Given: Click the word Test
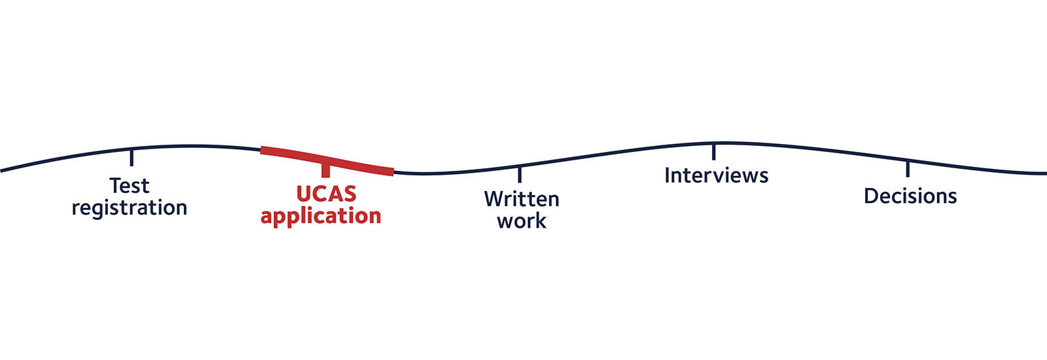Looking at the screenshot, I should tap(130, 186).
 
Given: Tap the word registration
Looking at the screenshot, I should tap(130, 208).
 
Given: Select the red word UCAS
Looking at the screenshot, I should tap(326, 194).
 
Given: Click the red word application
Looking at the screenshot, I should tap(321, 216).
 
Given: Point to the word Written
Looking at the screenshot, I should tap(522, 199).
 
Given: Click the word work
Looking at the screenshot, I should tap(522, 221).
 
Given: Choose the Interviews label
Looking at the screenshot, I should tap(716, 175).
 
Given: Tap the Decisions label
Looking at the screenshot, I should tap(910, 196).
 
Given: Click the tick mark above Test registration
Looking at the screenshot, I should tap(132, 157).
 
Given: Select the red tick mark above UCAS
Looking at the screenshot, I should tap(325, 169).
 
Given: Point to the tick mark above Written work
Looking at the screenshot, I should tap(520, 174).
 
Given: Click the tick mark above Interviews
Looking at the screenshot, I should tap(713, 151).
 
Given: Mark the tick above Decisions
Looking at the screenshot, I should tap(908, 168).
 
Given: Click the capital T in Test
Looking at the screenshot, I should tap(116, 186).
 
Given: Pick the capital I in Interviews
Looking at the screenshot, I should tap(667, 175).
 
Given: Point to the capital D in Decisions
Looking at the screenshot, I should tap(871, 196).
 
